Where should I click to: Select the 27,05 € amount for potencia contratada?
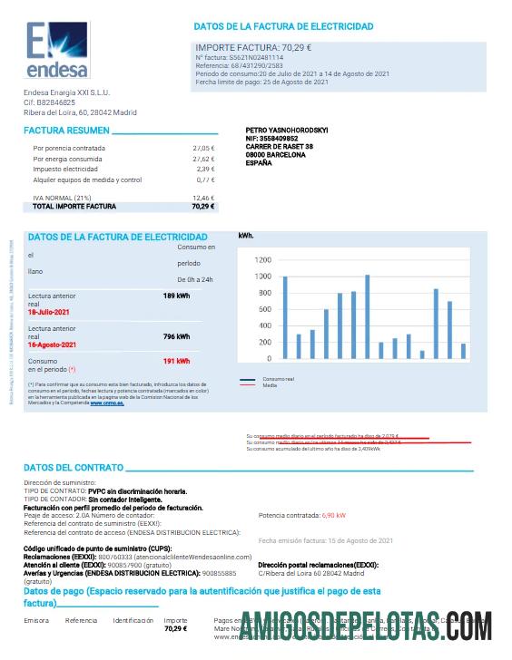pyautogui.click(x=203, y=147)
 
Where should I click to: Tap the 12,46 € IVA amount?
pyautogui.click(x=203, y=197)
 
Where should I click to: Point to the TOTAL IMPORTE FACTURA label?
pyautogui.click(x=74, y=206)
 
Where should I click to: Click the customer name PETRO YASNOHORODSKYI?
pyautogui.click(x=287, y=131)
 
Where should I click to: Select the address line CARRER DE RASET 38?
pyautogui.click(x=280, y=147)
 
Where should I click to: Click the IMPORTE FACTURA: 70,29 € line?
pyautogui.click(x=254, y=47)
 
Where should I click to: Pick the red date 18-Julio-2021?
pyautogui.click(x=52, y=311)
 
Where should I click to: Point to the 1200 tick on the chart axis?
pyautogui.click(x=263, y=258)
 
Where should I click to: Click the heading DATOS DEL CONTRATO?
pyautogui.click(x=74, y=468)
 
